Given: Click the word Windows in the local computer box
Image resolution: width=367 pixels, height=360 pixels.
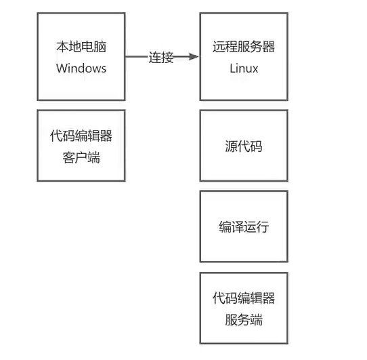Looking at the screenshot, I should click(x=81, y=68).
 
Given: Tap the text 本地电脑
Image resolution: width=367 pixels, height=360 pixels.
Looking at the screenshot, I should click(x=81, y=48).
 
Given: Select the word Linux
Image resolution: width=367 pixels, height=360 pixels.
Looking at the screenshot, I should click(x=244, y=68).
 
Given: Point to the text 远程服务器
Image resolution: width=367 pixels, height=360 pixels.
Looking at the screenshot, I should click(x=244, y=48).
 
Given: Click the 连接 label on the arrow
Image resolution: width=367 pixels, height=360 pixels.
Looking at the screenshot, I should click(x=161, y=58).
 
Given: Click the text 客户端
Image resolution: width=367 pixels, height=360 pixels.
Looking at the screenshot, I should click(x=81, y=158).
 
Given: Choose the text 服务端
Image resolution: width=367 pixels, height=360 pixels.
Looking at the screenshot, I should click(x=244, y=319).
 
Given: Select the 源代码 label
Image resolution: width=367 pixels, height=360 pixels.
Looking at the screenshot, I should click(x=244, y=146).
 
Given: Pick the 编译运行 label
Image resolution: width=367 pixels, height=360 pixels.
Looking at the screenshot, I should click(x=244, y=226).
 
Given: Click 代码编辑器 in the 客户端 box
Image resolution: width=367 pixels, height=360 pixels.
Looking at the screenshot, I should click(x=81, y=136).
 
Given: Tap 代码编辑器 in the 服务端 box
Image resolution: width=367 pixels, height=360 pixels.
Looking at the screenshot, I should click(x=244, y=298).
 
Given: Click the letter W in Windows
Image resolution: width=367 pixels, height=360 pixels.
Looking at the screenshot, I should click(x=62, y=68).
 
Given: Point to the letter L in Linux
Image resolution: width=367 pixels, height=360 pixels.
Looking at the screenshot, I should click(x=232, y=68).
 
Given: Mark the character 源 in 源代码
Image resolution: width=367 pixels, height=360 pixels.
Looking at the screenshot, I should click(x=231, y=146).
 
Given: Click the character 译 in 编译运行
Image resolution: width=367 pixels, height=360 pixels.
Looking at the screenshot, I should click(x=237, y=226).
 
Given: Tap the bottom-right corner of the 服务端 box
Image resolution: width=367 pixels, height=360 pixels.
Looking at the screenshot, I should click(x=287, y=343).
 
